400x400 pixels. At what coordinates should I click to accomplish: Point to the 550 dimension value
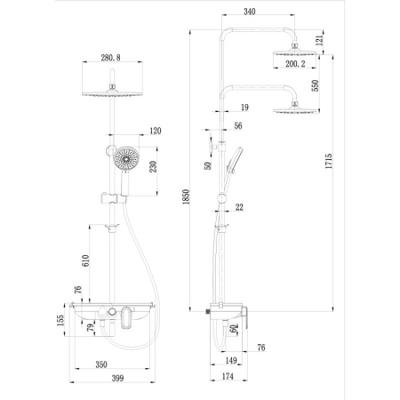pyautogui.click(x=315, y=85)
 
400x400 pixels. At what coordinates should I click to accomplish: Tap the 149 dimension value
pyautogui.click(x=229, y=359)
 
